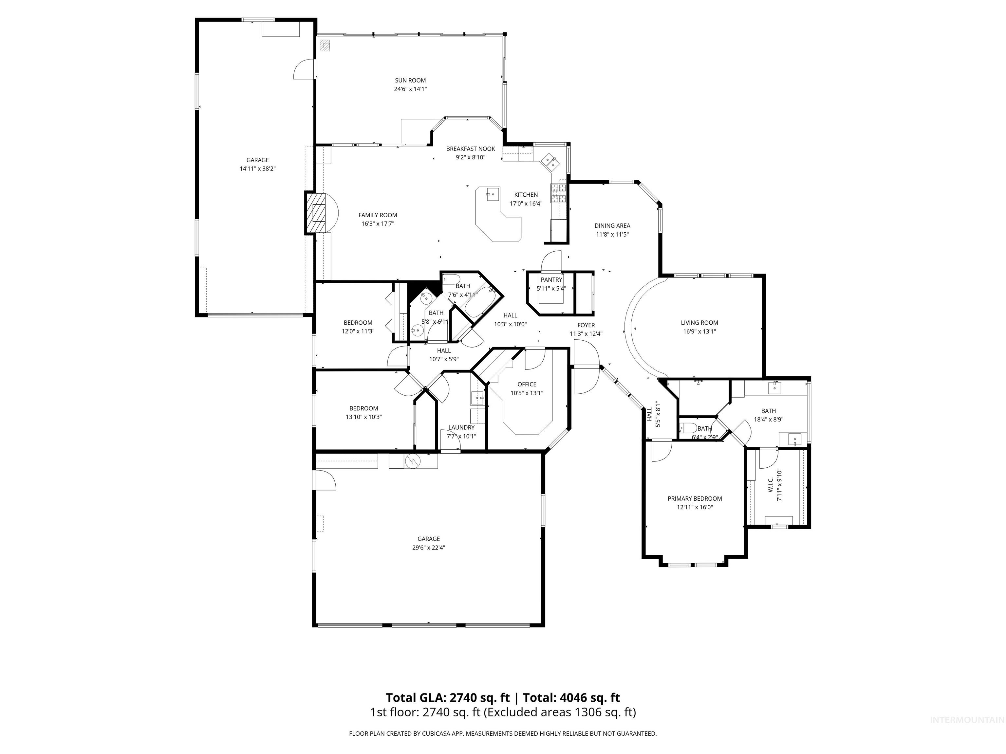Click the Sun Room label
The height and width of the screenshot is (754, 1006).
tap(410, 81)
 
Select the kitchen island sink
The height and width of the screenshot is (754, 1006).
tap(491, 194)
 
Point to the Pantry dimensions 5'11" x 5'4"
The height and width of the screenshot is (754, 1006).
tap(551, 288)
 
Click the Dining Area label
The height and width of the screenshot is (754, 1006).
tap(612, 225)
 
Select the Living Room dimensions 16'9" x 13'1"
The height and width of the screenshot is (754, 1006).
tap(699, 331)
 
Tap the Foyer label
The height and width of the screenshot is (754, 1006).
tap(586, 325)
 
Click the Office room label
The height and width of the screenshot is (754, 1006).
tap(527, 384)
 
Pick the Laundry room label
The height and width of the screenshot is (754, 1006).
tap(461, 427)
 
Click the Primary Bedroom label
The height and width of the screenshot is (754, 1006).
tap(695, 499)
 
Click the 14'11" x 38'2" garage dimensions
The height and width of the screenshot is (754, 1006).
tap(257, 169)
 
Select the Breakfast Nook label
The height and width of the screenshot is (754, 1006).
tap(470, 149)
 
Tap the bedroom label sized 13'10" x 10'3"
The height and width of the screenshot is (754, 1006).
tap(363, 408)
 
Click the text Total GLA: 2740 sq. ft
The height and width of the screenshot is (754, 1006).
tap(448, 698)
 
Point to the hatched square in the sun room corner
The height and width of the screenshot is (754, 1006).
tap(325, 45)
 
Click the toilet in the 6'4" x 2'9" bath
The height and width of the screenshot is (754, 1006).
tap(689, 428)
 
